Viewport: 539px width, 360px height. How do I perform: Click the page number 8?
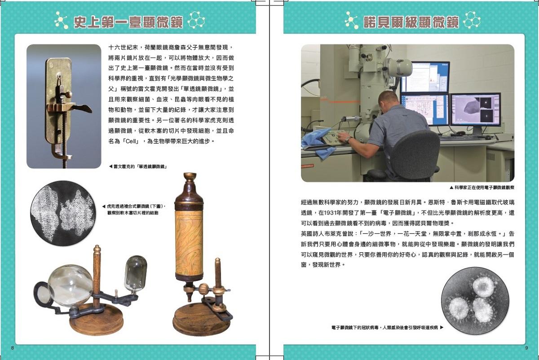coord(12,348)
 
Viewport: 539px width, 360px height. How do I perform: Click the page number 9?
coord(526,348)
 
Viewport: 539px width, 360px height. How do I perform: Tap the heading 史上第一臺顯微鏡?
coord(128,22)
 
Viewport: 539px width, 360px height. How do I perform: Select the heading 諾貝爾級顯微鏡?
coord(411,22)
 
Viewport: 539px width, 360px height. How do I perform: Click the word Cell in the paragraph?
coord(131,141)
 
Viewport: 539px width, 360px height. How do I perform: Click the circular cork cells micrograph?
coord(63,213)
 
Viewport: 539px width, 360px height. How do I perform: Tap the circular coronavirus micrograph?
coord(475,301)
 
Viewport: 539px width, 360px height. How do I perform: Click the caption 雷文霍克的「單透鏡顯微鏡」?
coord(138,167)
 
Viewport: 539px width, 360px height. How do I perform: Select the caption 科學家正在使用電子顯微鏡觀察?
coord(482,188)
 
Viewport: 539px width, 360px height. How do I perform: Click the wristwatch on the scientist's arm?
coord(349,140)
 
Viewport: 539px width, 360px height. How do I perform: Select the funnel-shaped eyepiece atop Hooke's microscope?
coord(190,177)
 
